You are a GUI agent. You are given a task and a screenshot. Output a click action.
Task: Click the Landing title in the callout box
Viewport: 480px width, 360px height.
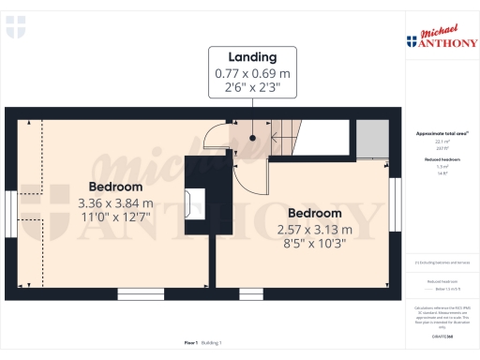(x=247, y=55)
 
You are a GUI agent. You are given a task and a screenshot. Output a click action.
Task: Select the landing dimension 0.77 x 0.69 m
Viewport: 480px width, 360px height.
(x=247, y=72)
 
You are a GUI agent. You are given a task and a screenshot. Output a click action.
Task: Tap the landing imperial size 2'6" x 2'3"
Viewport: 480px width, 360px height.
(x=247, y=87)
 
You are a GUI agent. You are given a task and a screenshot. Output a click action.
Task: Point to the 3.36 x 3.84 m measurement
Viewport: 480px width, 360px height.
(x=115, y=202)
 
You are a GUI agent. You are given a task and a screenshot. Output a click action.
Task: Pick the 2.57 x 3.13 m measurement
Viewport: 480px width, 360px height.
(x=314, y=230)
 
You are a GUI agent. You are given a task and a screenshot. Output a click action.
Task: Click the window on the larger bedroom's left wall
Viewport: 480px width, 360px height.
(x=11, y=216)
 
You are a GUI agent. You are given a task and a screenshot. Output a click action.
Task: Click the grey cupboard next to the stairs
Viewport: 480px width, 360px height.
(x=374, y=140)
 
